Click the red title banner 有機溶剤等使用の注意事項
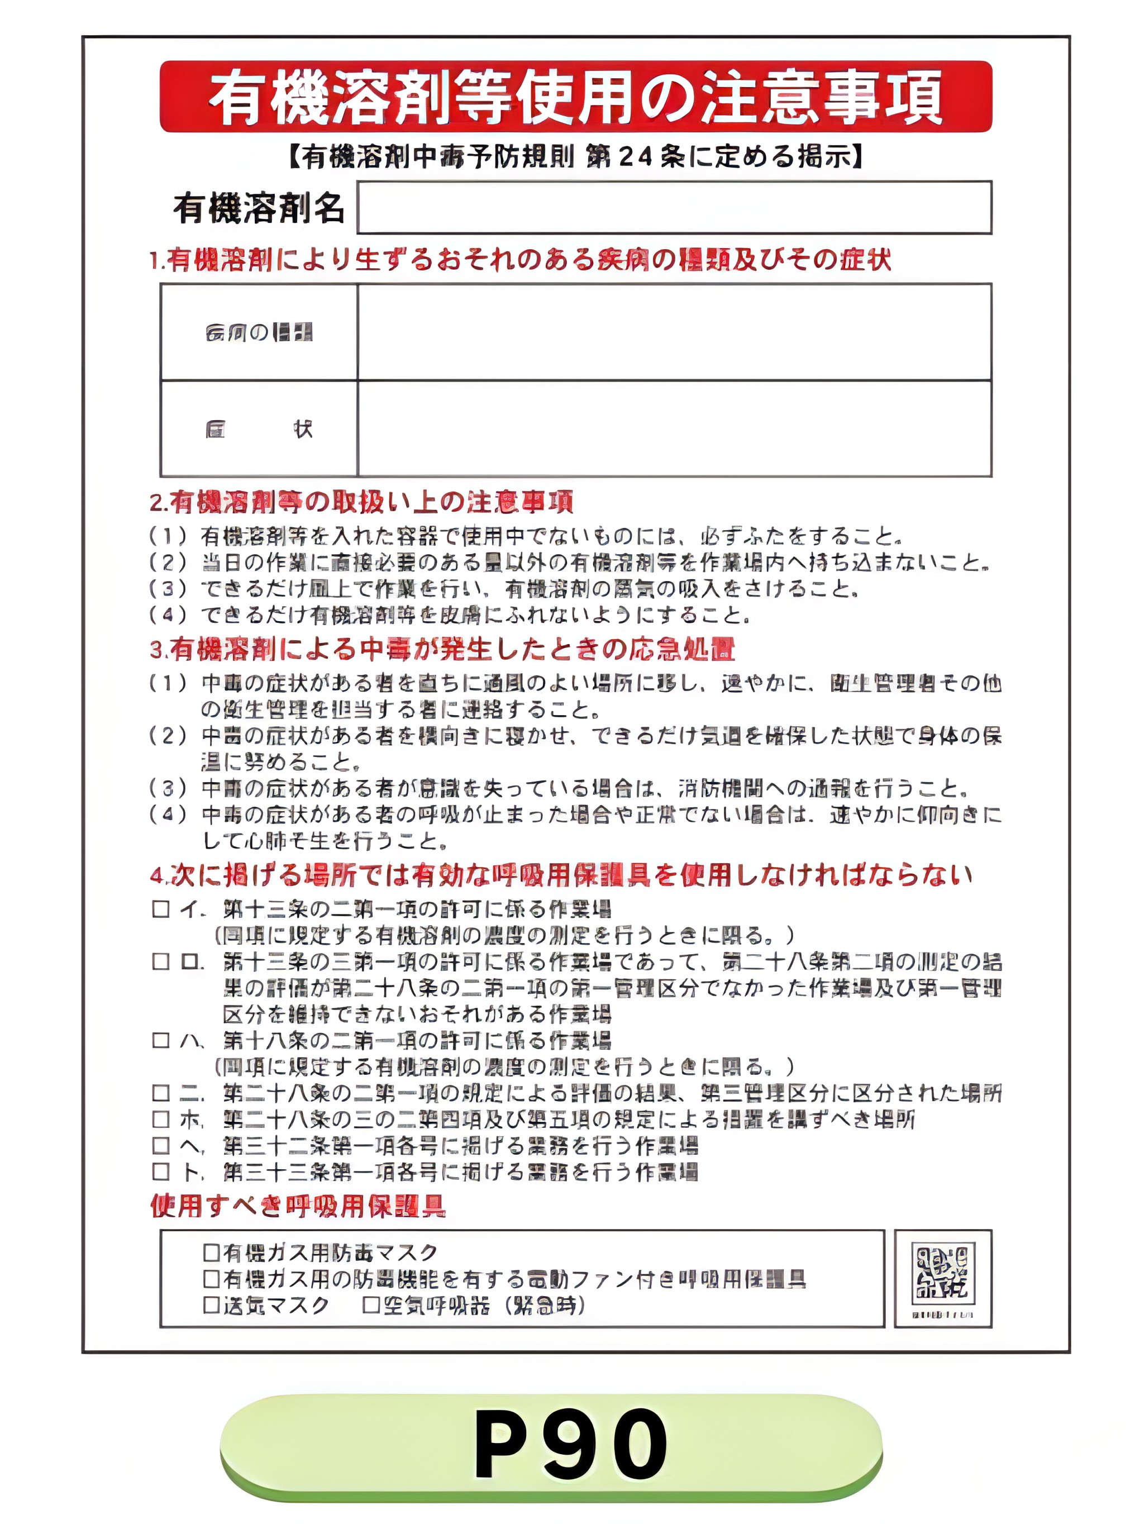576,97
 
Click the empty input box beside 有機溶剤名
674,207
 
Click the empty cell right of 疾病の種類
674,332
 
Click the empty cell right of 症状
674,428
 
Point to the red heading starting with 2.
361,502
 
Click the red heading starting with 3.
442,649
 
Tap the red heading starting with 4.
561,875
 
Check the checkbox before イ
161,909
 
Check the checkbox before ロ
161,962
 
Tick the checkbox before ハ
161,1040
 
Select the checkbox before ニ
161,1093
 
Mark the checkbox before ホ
161,1120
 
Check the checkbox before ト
161,1171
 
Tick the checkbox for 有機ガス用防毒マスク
212,1252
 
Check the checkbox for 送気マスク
212,1305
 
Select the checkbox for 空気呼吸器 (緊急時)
371,1305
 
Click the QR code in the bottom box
943,1273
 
